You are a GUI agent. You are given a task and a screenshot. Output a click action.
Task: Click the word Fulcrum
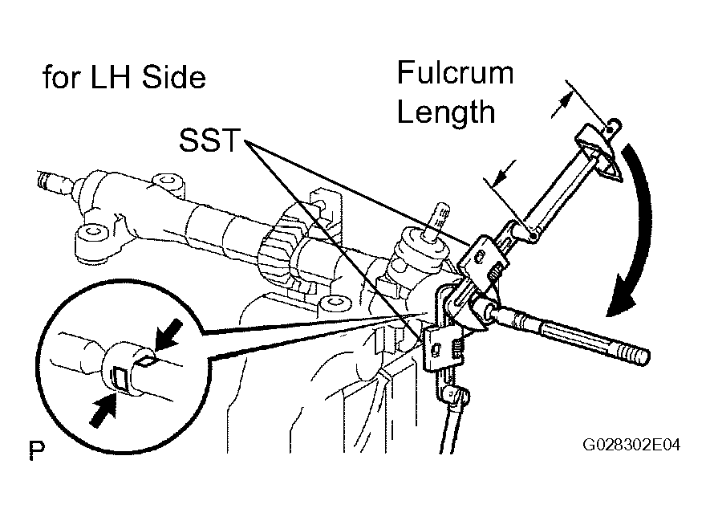(456, 73)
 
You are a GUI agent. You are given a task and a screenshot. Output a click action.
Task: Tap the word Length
(446, 112)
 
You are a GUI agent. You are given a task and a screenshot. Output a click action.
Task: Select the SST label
(209, 140)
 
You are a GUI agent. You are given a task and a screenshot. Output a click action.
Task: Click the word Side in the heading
(174, 77)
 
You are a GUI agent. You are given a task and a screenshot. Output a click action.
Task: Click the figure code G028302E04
(631, 445)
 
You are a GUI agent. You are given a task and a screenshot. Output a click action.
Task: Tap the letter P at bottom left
(37, 450)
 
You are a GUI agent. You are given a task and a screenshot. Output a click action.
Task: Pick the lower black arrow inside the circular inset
(103, 409)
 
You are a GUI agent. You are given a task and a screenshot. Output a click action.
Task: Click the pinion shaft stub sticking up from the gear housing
(438, 219)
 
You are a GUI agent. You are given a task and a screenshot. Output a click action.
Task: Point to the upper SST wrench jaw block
(482, 259)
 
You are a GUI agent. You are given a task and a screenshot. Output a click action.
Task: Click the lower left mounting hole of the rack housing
(94, 232)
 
